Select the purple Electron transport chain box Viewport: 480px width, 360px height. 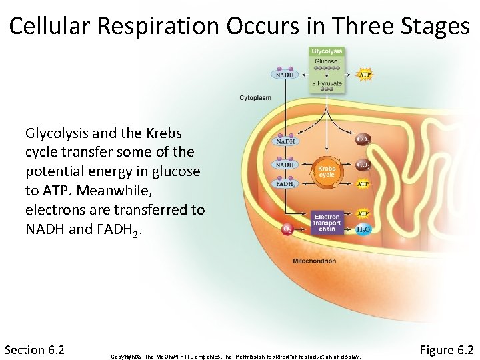pos(327,223)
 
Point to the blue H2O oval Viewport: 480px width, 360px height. pos(364,229)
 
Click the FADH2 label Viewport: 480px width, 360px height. pos(285,184)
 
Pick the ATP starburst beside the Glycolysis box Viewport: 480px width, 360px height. pos(365,75)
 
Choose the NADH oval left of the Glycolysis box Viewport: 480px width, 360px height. pos(285,75)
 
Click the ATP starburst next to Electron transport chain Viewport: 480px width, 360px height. pos(363,213)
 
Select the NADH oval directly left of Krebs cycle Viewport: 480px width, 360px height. pos(285,165)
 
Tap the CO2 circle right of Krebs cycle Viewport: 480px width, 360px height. pos(364,165)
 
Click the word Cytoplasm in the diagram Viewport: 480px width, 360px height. pos(255,98)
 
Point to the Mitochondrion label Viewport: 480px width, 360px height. pos(315,261)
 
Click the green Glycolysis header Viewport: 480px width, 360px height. pos(327,51)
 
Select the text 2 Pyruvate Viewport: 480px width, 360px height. pos(327,84)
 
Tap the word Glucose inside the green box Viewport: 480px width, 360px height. pos(327,61)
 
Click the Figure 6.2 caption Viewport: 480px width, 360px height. pos(447,350)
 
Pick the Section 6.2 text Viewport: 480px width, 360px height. pos(34,350)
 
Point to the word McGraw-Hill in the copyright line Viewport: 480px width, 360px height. pos(176,357)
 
